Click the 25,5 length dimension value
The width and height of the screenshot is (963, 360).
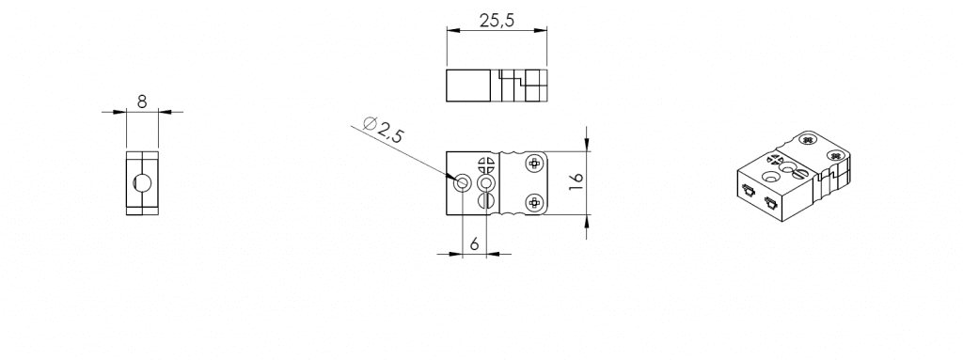tap(497, 21)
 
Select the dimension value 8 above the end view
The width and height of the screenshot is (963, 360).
tap(142, 102)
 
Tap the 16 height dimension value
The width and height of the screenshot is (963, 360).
tap(576, 181)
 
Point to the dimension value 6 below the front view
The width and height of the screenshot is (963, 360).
tap(474, 243)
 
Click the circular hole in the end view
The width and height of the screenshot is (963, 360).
tap(143, 182)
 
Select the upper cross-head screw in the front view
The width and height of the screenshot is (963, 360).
tap(534, 164)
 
